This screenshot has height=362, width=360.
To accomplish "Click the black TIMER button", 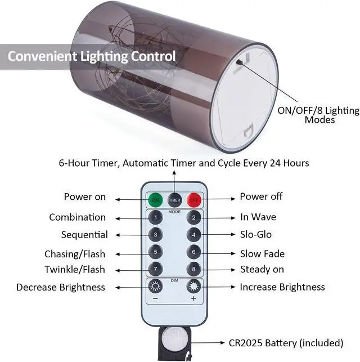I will coord(174,200).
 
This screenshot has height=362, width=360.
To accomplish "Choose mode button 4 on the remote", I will coord(194,234).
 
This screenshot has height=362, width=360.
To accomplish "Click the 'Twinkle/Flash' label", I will coord(75,270).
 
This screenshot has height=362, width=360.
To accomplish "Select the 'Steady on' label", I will coord(262,270).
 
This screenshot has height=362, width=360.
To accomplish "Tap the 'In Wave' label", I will coord(258,217).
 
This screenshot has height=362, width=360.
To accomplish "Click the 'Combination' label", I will coord(77,217).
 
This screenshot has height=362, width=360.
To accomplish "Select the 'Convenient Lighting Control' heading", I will coord(91,57).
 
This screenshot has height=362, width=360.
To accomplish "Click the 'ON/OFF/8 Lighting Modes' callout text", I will coord(318,115).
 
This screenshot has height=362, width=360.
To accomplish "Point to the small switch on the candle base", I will coord(240,62).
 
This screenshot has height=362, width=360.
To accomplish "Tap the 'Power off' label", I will coord(261,197).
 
